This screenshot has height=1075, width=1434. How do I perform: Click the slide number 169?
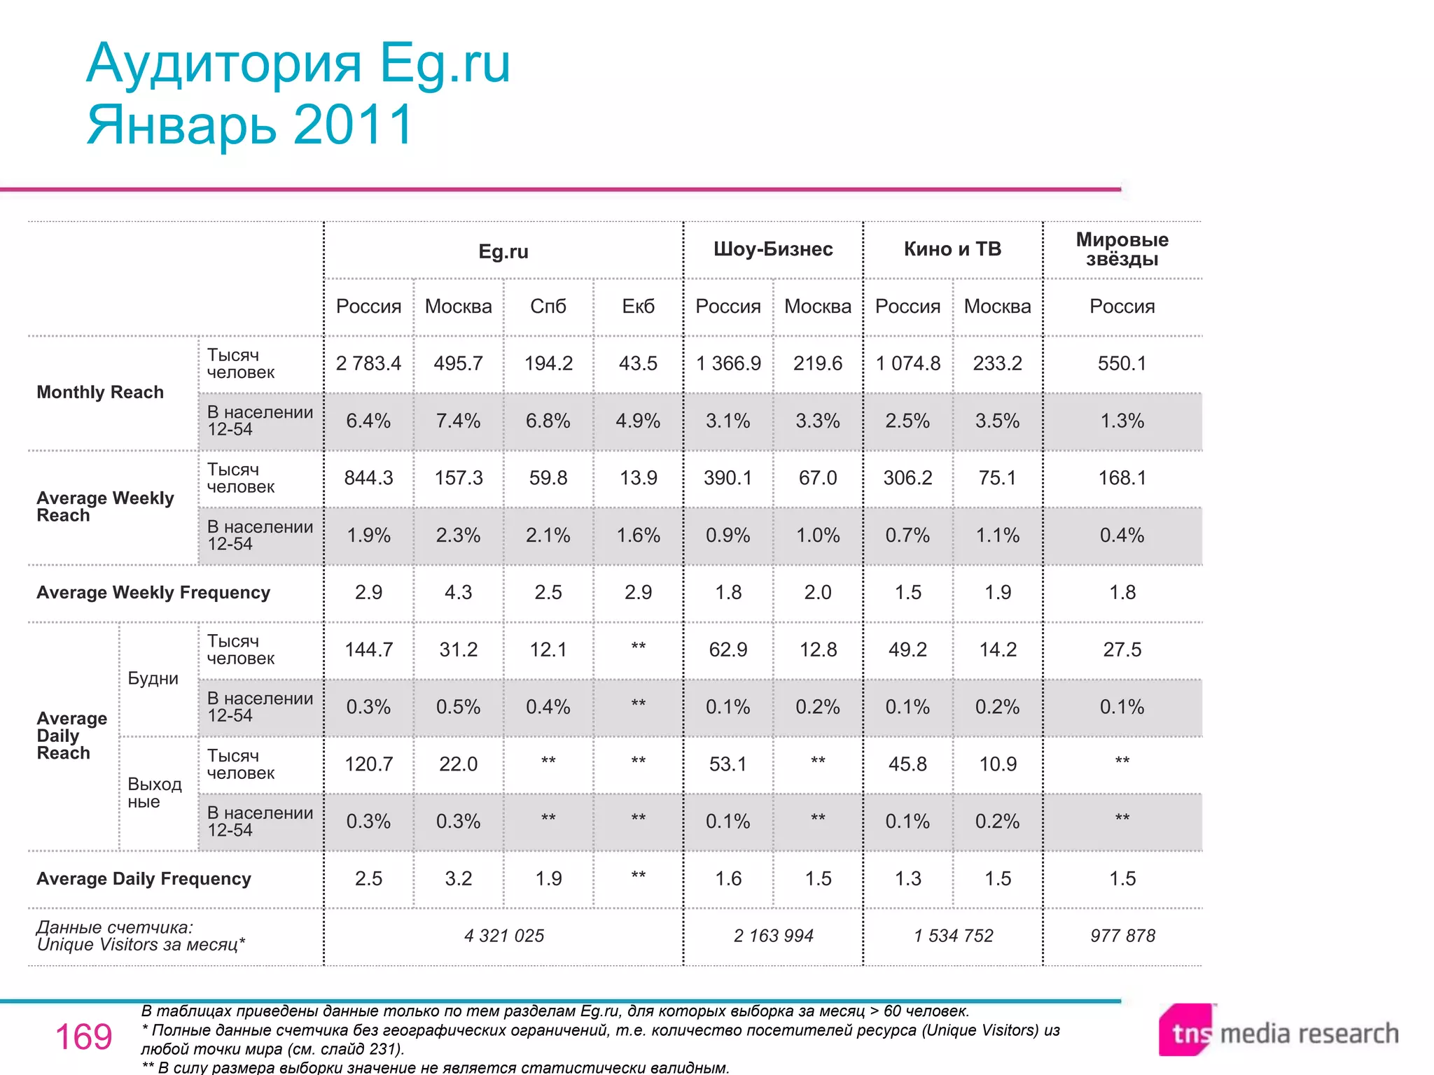click(83, 1037)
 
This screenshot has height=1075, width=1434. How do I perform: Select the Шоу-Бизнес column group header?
click(773, 249)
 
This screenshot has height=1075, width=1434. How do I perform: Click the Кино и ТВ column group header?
click(952, 249)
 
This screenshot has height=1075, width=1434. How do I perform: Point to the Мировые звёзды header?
click(1122, 249)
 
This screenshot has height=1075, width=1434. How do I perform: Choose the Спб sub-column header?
click(548, 307)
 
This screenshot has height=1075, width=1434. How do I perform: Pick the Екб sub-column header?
click(638, 307)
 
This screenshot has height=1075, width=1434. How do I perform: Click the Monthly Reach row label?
click(100, 392)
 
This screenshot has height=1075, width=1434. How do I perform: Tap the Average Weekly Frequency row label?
click(153, 593)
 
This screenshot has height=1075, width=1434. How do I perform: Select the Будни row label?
click(153, 678)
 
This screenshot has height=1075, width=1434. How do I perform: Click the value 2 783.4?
click(368, 363)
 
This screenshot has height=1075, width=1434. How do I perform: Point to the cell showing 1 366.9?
click(728, 363)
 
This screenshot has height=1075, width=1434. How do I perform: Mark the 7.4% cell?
click(458, 421)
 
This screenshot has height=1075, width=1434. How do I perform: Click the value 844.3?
click(368, 478)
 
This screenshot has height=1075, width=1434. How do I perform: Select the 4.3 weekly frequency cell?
click(458, 593)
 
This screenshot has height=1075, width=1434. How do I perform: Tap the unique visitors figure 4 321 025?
click(503, 936)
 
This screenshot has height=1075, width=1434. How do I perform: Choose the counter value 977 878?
click(1122, 936)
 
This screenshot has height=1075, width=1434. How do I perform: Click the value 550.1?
click(1122, 363)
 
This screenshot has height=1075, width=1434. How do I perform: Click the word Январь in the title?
click(181, 125)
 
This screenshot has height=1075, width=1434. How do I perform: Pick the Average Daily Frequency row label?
click(144, 879)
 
